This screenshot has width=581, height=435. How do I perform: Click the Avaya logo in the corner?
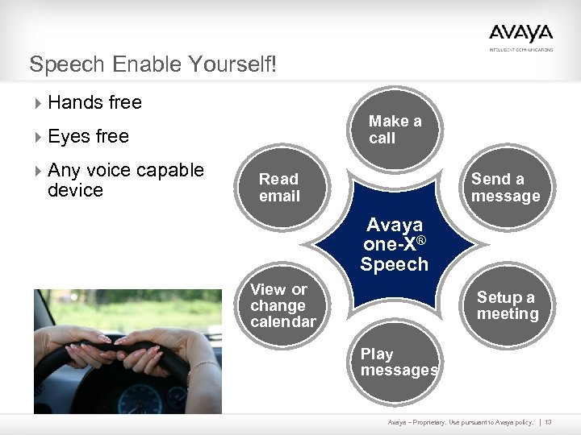coord(520,35)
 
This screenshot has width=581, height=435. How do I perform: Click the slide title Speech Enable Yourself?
coord(153,64)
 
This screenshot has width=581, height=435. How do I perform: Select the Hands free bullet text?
coord(94,102)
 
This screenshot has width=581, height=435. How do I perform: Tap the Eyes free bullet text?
coord(88,136)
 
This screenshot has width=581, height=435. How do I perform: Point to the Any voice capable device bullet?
coord(125,180)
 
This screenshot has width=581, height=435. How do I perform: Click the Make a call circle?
coord(398,130)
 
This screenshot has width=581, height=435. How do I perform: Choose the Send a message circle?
coord(506,188)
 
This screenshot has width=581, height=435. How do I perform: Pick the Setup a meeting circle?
coord(507,306)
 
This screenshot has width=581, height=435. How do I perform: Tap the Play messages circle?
coord(398,362)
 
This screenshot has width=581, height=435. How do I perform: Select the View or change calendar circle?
coord(282,306)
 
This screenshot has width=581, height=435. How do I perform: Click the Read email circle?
coord(279,188)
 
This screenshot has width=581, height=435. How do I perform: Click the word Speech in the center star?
coord(394,265)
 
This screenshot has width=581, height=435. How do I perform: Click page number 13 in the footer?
coord(559,422)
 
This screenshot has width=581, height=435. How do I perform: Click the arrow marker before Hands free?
coord(39,103)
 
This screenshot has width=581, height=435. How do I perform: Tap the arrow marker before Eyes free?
coord(39,137)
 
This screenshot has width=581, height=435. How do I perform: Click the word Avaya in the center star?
coord(394,226)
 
